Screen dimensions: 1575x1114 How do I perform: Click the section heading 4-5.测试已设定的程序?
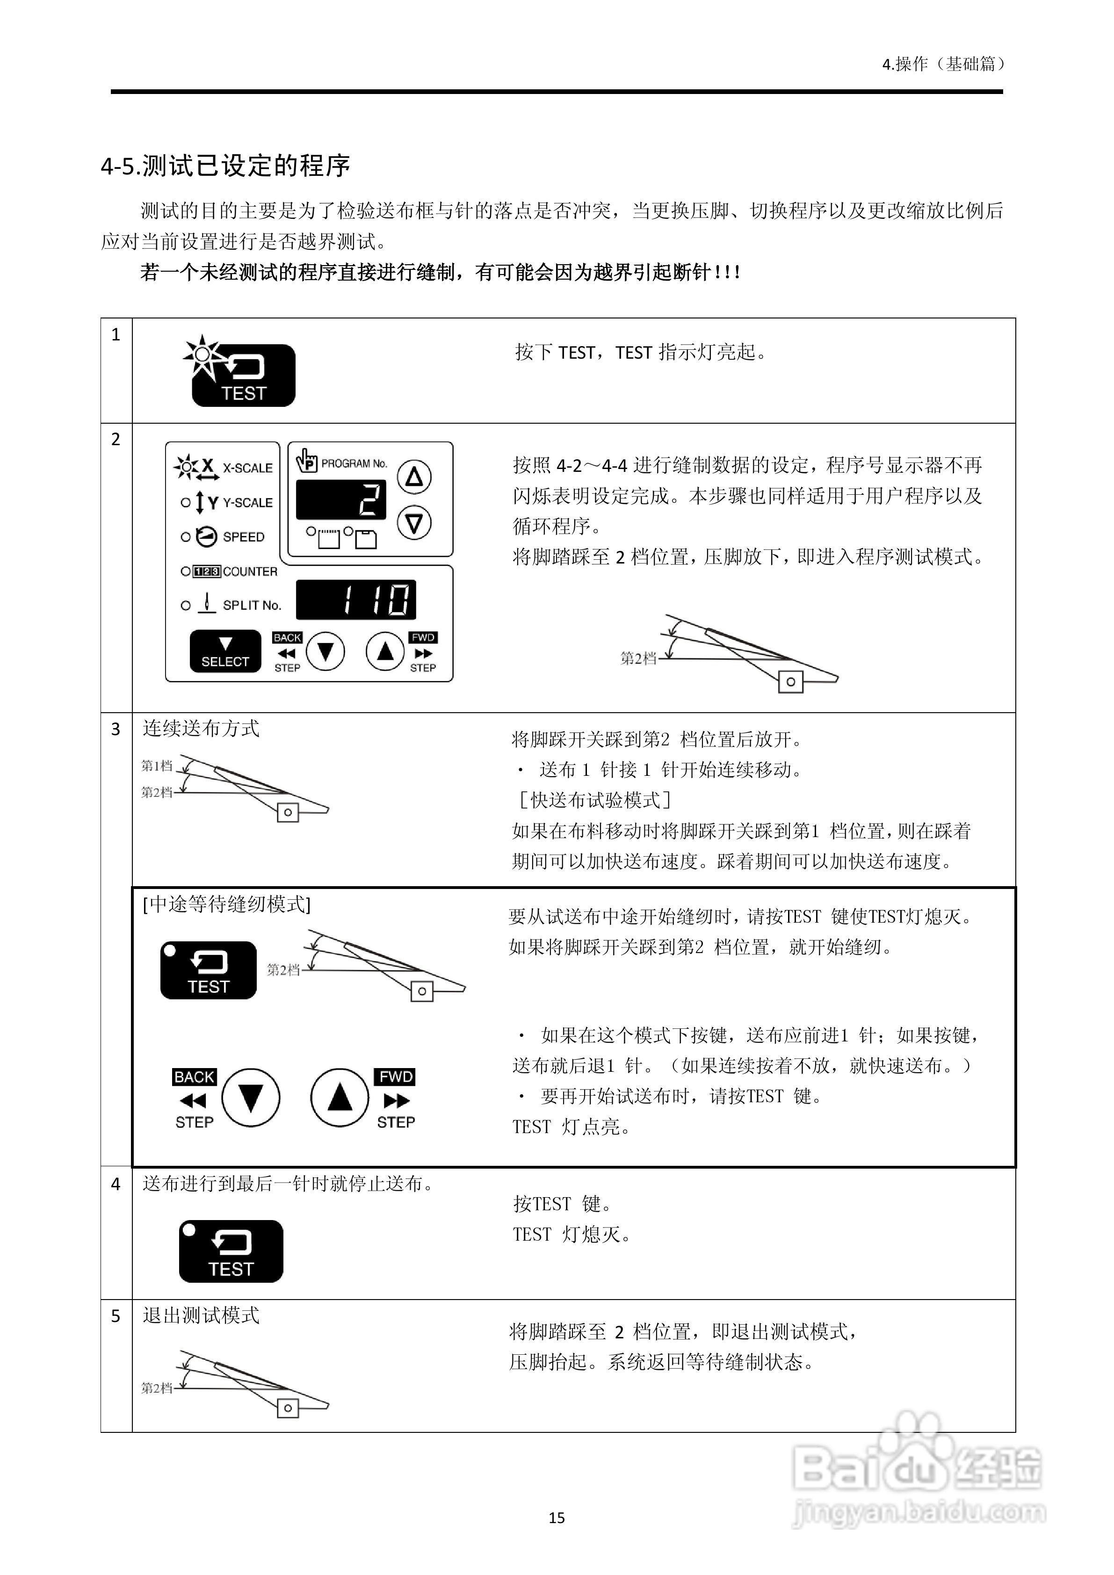[x=226, y=166]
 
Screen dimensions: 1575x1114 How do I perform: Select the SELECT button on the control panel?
[x=225, y=651]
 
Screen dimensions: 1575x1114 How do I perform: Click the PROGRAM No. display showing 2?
[x=341, y=499]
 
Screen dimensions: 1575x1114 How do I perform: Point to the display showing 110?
[x=355, y=600]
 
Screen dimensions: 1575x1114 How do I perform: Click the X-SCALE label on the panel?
[x=247, y=468]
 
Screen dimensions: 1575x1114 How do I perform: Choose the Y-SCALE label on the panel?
[x=247, y=503]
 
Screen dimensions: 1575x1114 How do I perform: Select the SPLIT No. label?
[x=252, y=605]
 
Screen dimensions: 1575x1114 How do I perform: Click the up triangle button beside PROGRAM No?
[x=414, y=476]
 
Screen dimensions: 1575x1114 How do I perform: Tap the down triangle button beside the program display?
[x=414, y=523]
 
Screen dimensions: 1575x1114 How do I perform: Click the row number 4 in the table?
[x=115, y=1184]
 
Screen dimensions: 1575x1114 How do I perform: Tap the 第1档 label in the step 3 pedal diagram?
[x=156, y=766]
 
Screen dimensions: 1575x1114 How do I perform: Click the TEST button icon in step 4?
[x=231, y=1251]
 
